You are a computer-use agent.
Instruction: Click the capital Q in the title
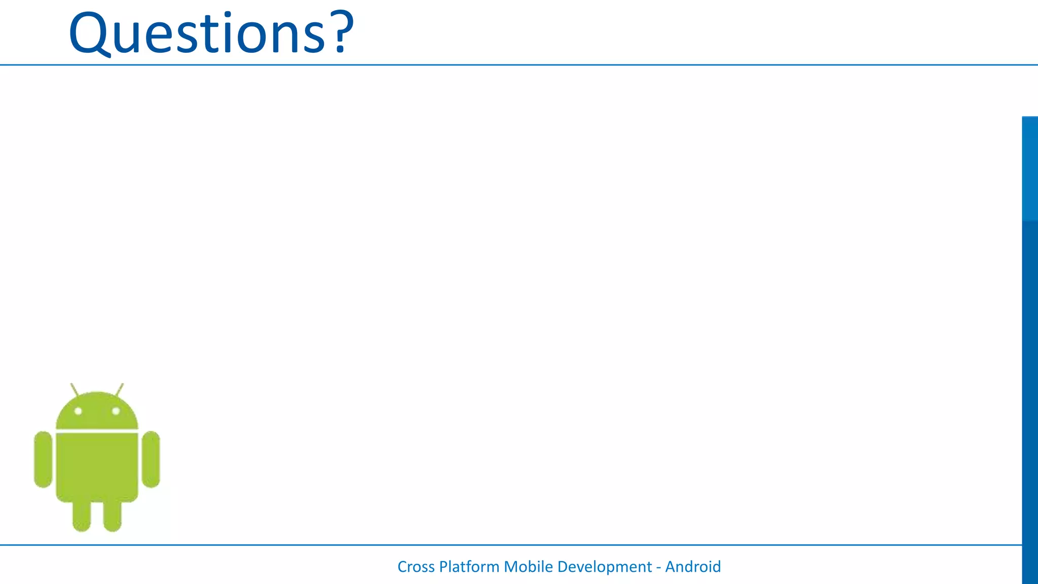(x=89, y=33)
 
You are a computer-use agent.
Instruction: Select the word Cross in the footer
(x=416, y=567)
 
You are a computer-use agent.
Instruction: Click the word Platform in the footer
(x=469, y=567)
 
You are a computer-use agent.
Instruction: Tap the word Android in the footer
(x=693, y=567)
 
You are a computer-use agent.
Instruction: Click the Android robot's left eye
(x=78, y=411)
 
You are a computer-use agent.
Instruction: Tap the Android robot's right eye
(x=116, y=411)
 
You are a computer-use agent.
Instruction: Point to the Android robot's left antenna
(x=75, y=390)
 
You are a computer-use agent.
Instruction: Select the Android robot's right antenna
(x=120, y=390)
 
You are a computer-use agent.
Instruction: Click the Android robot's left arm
(x=43, y=459)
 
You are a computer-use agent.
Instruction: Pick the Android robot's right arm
(x=151, y=459)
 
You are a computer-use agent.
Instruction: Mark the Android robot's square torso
(x=97, y=466)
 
